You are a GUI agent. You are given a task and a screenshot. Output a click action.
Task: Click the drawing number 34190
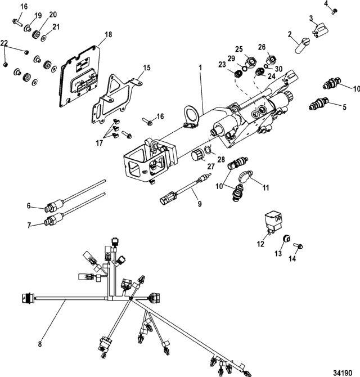[343, 372]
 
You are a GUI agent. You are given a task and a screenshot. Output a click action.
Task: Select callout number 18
[109, 35]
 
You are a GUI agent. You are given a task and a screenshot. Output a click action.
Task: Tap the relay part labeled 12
[273, 222]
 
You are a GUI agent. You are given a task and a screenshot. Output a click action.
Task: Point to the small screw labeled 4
[334, 11]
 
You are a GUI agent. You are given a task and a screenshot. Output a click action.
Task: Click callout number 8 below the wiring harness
[40, 344]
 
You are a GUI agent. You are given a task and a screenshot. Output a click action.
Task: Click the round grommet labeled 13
[286, 239]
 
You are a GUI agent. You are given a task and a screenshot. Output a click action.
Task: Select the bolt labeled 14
[298, 246]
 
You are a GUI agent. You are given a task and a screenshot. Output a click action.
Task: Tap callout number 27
[211, 167]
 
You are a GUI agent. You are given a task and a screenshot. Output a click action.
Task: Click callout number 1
[200, 68]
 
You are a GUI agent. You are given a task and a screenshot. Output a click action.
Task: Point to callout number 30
[278, 69]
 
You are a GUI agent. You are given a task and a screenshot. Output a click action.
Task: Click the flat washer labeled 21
[43, 38]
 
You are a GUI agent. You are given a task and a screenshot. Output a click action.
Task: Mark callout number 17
[99, 143]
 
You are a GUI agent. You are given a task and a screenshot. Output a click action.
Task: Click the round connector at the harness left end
[27, 298]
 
